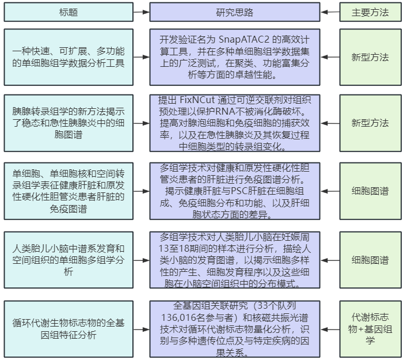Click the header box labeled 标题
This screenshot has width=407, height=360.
tap(69, 12)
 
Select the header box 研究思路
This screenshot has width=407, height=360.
tap(235, 12)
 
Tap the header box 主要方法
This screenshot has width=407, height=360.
tap(370, 12)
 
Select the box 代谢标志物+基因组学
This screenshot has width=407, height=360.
tap(370, 329)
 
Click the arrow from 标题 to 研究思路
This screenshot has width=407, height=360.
tap(142, 12)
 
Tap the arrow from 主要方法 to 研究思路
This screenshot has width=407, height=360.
tap(330, 12)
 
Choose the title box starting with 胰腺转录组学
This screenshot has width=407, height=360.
tap(69, 123)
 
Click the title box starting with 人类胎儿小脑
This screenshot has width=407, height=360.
tap(69, 260)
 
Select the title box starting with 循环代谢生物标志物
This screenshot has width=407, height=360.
tap(69, 329)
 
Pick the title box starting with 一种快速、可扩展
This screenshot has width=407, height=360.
tap(69, 57)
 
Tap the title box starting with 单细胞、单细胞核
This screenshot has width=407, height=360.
tap(69, 191)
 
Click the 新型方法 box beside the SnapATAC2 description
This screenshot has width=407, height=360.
tap(370, 57)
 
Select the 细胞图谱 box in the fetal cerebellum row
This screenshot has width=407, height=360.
tap(370, 260)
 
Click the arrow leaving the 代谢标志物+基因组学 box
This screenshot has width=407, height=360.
tap(330, 329)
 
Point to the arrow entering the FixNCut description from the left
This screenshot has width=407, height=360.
tap(142, 123)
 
